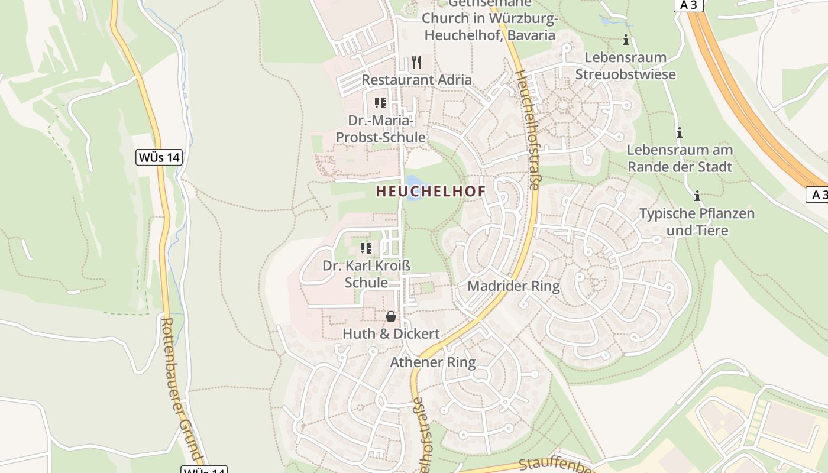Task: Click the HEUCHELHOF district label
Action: click(x=431, y=192)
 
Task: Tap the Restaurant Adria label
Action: click(x=416, y=80)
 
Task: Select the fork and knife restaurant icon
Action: click(x=416, y=62)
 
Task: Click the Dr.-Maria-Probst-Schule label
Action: click(x=380, y=129)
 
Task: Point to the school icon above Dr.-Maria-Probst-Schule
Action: click(x=380, y=103)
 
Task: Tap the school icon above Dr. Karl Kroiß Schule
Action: click(x=366, y=248)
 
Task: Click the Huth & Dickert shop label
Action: click(x=391, y=334)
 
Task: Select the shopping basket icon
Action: click(x=391, y=317)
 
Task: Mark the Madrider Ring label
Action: click(x=513, y=287)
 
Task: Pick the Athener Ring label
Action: click(x=433, y=362)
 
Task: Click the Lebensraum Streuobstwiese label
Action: click(x=625, y=66)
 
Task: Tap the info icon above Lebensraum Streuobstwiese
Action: click(x=626, y=40)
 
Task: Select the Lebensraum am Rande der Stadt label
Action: click(x=680, y=158)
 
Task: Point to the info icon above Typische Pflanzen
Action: click(x=697, y=196)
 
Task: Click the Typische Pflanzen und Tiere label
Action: click(x=697, y=222)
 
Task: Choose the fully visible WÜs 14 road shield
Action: click(x=159, y=157)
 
